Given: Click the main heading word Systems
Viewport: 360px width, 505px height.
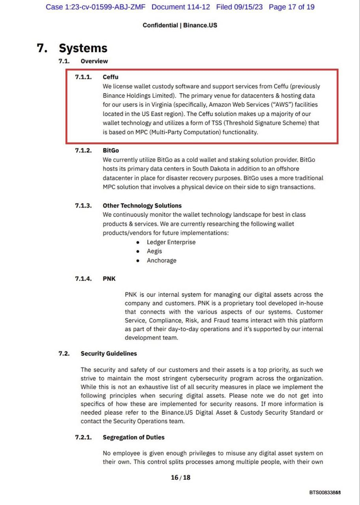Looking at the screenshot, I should point(83,48).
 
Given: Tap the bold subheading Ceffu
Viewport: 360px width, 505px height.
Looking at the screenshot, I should point(111,77).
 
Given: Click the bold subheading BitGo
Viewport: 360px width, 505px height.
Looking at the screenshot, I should point(111,150).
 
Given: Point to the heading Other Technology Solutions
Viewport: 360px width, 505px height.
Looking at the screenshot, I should point(142,206).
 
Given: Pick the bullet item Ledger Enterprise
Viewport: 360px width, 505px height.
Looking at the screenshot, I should point(171,242).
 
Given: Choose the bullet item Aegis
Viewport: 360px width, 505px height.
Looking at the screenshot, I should point(154,251).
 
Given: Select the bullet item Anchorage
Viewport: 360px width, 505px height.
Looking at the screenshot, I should point(161,260).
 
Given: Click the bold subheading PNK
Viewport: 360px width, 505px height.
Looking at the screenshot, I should point(109,279).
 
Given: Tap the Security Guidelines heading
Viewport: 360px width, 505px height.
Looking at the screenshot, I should point(109,353).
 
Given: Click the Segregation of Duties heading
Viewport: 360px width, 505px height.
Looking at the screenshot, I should point(134,437).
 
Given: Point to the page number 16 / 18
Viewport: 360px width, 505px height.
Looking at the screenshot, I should point(180,477).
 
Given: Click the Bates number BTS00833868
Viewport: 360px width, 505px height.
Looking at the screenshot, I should point(325,492).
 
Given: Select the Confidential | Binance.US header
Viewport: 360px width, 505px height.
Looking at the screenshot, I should point(180,25).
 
